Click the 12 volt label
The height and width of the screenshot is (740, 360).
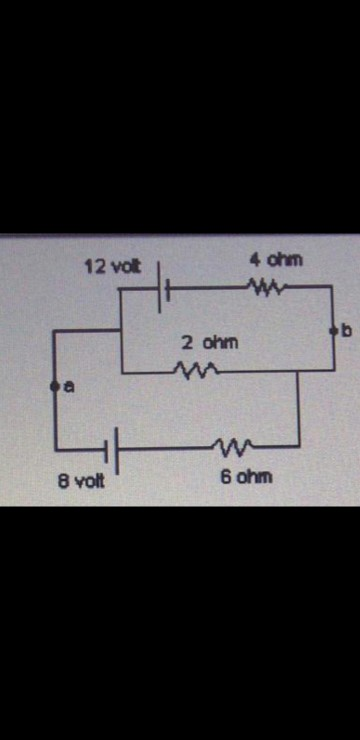pos(112,267)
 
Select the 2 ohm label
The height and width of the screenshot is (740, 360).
pos(210,342)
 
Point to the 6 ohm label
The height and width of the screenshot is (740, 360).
pos(244,477)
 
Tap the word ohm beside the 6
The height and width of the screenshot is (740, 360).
pos(254,477)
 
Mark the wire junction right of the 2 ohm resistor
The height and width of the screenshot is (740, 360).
pos(298,370)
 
